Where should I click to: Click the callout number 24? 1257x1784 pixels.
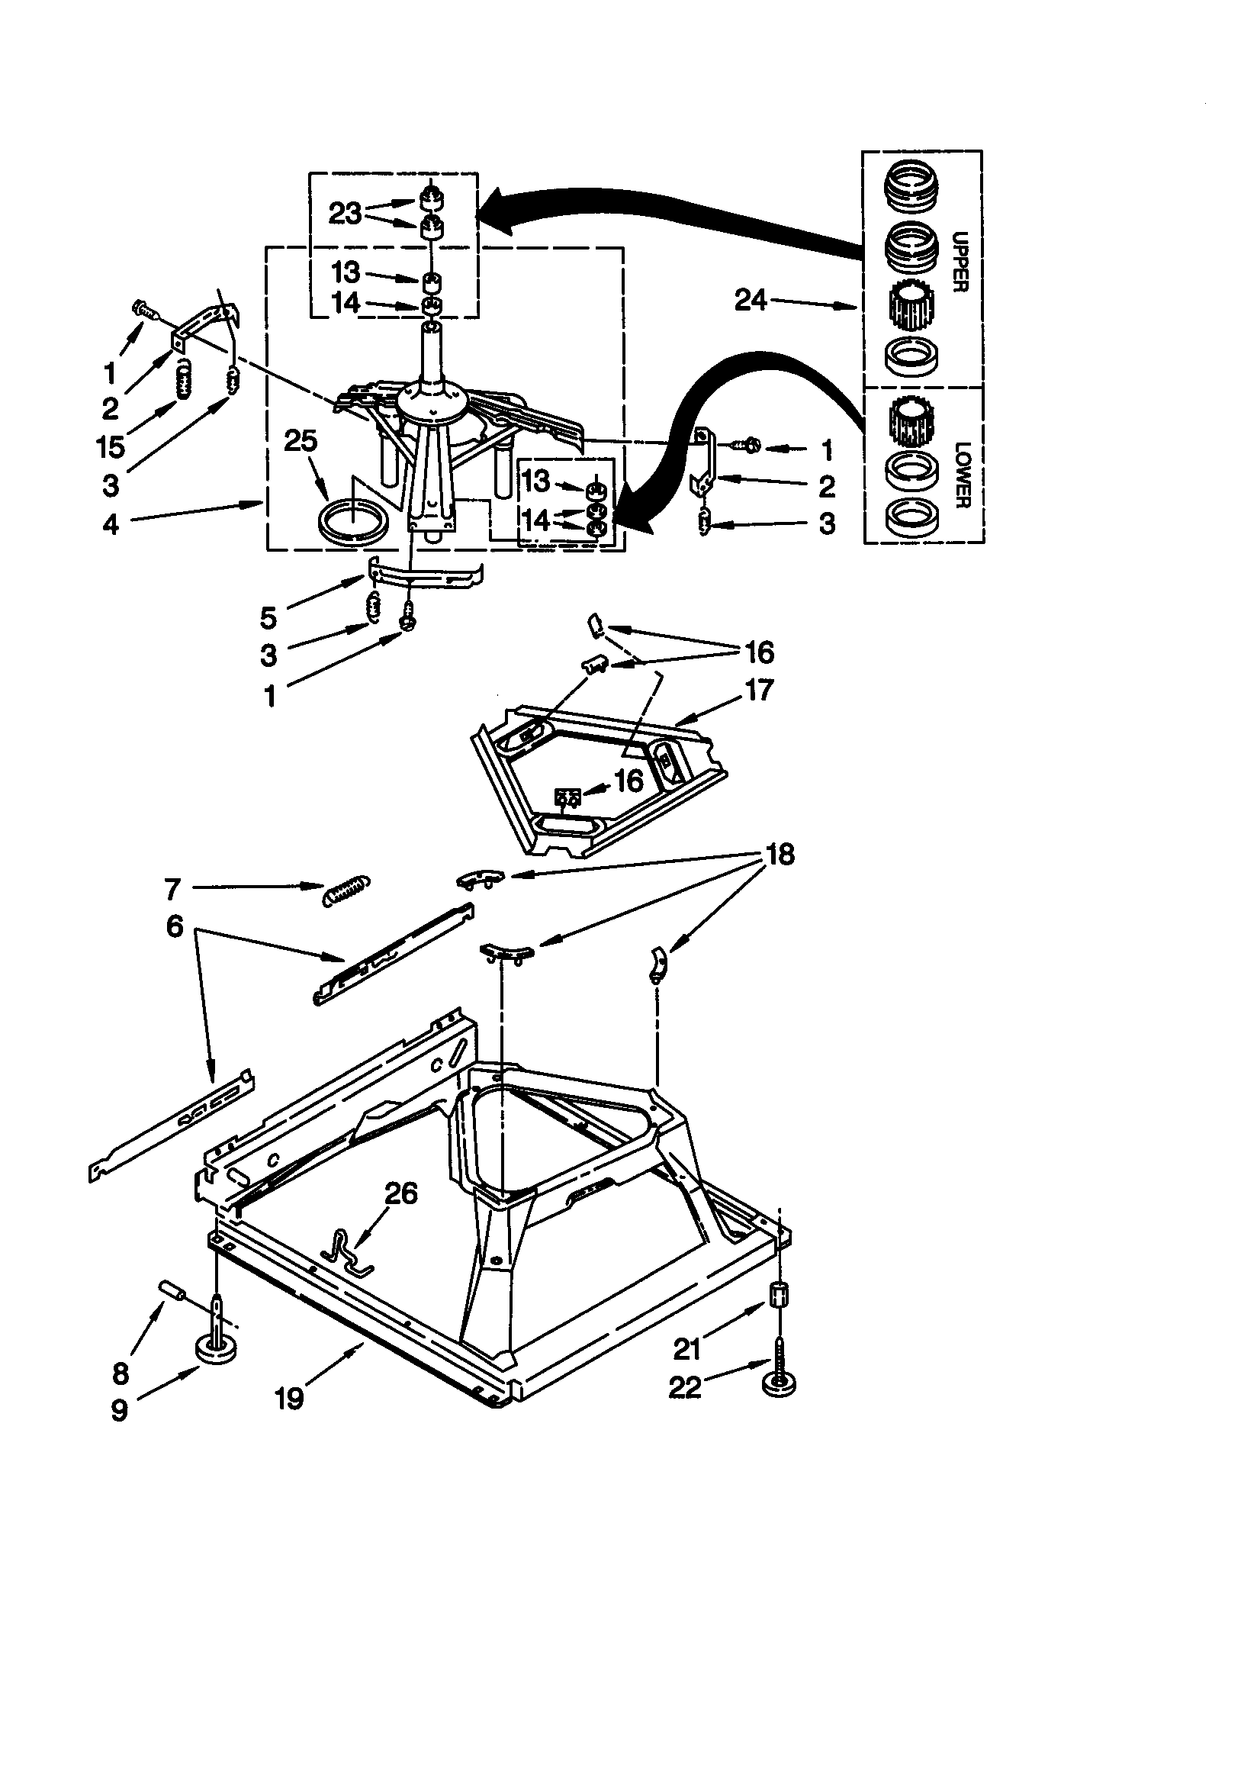pyautogui.click(x=751, y=300)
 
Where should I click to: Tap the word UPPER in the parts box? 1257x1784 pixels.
pyautogui.click(x=959, y=261)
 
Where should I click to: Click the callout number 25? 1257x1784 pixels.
pyautogui.click(x=301, y=441)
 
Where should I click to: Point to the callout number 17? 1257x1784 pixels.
pyautogui.click(x=759, y=689)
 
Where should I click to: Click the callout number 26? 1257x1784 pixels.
pyautogui.click(x=401, y=1193)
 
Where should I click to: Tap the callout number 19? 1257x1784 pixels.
pyautogui.click(x=289, y=1399)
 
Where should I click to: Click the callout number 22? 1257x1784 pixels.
pyautogui.click(x=685, y=1387)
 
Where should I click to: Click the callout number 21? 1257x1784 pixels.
pyautogui.click(x=686, y=1350)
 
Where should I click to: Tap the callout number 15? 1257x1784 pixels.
pyautogui.click(x=111, y=447)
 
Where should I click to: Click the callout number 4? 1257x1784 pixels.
pyautogui.click(x=111, y=524)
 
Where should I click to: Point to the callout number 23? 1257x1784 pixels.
pyautogui.click(x=346, y=213)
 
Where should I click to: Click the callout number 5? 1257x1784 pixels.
pyautogui.click(x=268, y=618)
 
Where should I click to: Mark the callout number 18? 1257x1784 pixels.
pyautogui.click(x=780, y=855)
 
